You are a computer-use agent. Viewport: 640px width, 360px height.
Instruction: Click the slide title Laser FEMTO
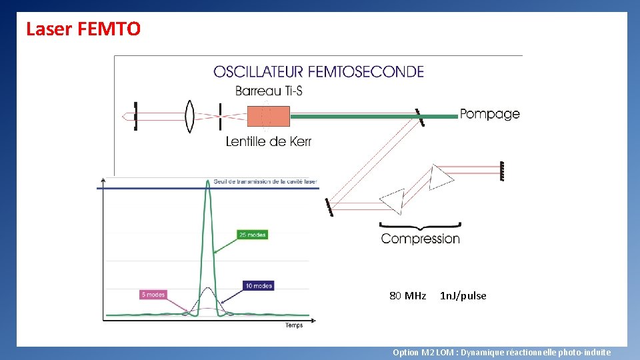click(x=83, y=29)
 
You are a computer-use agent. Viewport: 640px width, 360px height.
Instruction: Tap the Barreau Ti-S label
click(x=269, y=91)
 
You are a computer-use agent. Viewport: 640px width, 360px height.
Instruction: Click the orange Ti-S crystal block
click(x=268, y=116)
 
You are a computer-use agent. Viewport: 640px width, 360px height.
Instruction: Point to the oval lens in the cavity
click(x=190, y=116)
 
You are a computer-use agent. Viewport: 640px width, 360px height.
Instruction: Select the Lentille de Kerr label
click(x=269, y=141)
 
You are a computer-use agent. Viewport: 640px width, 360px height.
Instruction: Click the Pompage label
click(x=490, y=114)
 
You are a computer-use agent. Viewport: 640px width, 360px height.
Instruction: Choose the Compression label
click(x=420, y=238)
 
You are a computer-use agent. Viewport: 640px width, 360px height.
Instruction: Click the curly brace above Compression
click(x=420, y=225)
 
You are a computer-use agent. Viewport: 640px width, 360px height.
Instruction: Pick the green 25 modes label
click(x=252, y=235)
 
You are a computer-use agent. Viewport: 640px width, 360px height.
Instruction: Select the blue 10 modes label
click(x=258, y=286)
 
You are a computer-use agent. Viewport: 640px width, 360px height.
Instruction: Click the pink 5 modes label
click(x=152, y=294)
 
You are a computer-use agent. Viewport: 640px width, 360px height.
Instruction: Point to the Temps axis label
click(x=294, y=325)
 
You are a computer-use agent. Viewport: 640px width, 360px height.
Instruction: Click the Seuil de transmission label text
click(x=265, y=181)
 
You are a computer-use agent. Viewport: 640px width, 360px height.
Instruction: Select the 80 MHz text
click(x=407, y=295)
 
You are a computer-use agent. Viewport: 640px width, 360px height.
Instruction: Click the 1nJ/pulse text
click(x=463, y=295)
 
